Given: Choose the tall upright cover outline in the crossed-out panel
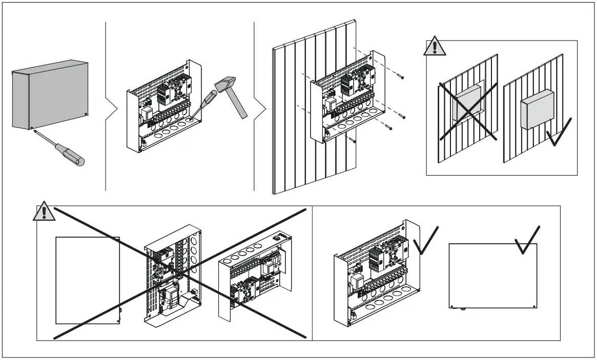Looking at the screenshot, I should [87, 280].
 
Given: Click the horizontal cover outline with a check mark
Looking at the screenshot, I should [492, 276].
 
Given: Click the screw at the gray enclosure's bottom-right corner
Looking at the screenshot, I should [86, 114].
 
